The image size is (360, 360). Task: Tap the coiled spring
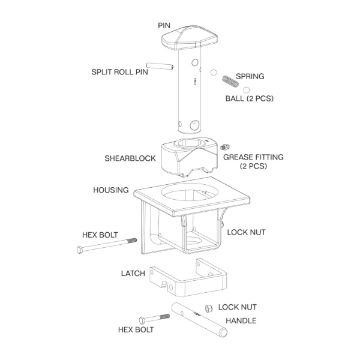pos(230,81)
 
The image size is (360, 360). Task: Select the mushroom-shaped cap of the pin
pos(190,38)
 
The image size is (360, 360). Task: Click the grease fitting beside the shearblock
pos(225,146)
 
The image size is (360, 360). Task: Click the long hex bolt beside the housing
pos(107,245)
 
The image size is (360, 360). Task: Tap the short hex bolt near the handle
pos(154,319)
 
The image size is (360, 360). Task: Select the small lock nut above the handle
pos(209,308)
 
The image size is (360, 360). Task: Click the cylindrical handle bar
pos(199,320)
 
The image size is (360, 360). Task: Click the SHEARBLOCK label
pos(130,158)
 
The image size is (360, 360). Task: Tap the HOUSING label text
pos(111,190)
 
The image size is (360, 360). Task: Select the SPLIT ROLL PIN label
pos(119,72)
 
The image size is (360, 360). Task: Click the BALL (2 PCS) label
pos(250,98)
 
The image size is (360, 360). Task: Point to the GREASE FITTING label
pos(253,161)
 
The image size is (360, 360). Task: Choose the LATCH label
pos(133,274)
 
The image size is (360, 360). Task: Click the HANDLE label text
pos(241,321)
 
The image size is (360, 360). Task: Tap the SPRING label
pos(250,76)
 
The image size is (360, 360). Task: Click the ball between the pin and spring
pos(214,73)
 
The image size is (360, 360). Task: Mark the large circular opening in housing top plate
pos(190,194)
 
